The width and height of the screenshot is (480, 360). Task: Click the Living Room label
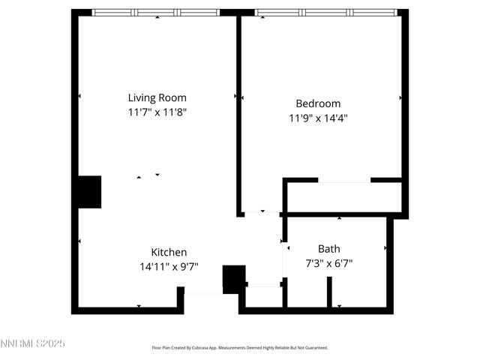157,97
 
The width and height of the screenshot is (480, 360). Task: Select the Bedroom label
318,103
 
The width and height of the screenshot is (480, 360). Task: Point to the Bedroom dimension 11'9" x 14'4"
318,118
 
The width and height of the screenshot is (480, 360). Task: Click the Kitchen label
169,252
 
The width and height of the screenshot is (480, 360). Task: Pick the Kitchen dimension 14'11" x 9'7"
169,266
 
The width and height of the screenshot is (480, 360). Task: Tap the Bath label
328,248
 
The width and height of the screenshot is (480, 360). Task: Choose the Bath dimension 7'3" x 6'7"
328,263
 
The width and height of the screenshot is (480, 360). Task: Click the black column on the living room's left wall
89,192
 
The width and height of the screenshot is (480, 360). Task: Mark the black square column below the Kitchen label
234,278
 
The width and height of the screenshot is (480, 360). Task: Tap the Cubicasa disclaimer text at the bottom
240,348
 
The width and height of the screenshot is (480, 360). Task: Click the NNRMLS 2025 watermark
33,343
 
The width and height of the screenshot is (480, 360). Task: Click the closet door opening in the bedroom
344,181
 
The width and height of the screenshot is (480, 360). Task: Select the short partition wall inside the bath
329,292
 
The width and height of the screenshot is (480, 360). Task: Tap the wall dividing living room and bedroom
239,112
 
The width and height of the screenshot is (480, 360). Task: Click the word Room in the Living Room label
172,97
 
